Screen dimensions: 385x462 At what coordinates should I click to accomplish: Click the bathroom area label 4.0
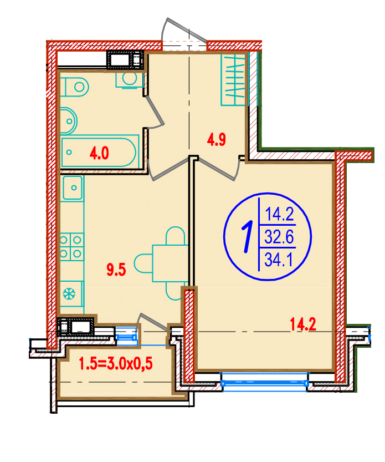[x=99, y=154]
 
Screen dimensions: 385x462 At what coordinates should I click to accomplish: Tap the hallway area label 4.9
[x=217, y=139]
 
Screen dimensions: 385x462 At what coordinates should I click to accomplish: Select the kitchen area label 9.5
[x=116, y=270]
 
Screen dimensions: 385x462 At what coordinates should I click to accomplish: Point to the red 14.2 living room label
[x=303, y=324]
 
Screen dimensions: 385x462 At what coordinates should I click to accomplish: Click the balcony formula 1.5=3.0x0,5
[x=116, y=364]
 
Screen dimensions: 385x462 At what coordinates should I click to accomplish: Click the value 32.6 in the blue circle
[x=279, y=237]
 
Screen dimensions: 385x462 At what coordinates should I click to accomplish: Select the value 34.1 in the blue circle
[x=279, y=260]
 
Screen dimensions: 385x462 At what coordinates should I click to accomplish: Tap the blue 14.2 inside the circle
[x=280, y=214]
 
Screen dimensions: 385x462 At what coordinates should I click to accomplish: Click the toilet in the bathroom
[x=74, y=87]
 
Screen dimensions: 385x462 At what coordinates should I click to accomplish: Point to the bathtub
[x=100, y=151]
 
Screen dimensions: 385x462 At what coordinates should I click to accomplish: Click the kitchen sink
[x=73, y=187]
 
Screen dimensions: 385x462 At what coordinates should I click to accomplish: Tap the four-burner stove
[x=71, y=247]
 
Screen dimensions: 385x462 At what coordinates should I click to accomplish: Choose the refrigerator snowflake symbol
[x=69, y=294]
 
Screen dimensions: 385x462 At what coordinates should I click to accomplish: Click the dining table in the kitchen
[x=170, y=263]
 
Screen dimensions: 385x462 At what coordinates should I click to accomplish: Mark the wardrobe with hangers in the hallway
[x=233, y=79]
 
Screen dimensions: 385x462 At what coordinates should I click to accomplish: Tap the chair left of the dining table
[x=143, y=263]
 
